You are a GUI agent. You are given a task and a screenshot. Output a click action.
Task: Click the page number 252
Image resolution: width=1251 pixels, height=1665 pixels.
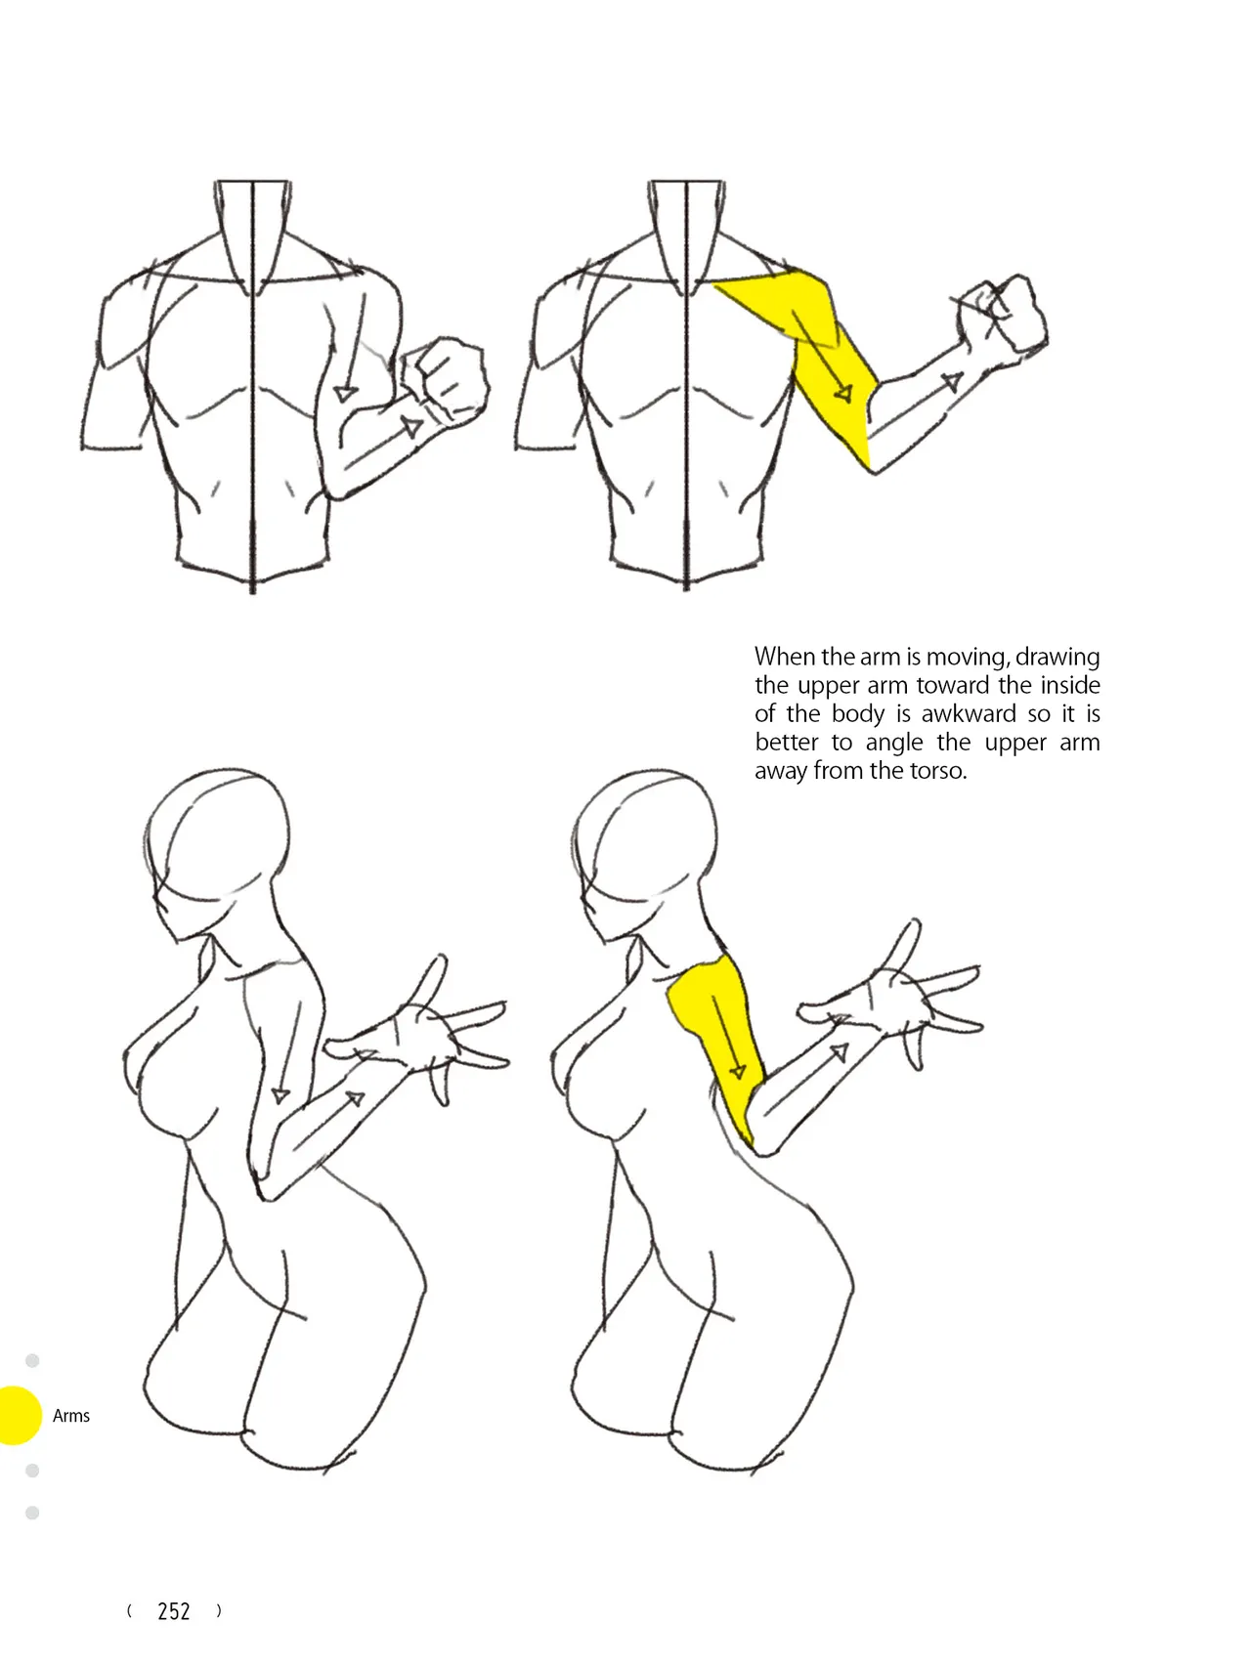pos(174,1611)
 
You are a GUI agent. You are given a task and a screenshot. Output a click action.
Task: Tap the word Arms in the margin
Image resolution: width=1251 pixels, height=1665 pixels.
pos(71,1416)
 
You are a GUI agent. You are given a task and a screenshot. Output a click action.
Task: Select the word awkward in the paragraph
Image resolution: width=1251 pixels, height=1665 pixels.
pos(969,713)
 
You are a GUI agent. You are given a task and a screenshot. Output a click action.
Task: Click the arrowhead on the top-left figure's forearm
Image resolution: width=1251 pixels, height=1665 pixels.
pos(413,427)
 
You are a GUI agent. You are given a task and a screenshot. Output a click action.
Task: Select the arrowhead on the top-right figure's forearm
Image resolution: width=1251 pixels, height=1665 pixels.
pos(952,382)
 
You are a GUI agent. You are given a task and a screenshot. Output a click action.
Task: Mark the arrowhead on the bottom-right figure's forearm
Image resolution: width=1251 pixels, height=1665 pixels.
pos(839,1052)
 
